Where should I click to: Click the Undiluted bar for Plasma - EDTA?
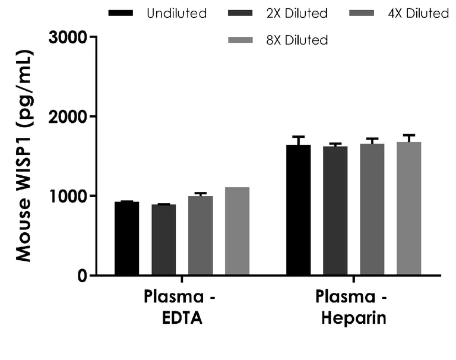pyautogui.click(x=126, y=238)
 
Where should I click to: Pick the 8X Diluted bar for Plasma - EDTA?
pyautogui.click(x=237, y=231)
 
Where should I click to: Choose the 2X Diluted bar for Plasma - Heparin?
pyautogui.click(x=335, y=210)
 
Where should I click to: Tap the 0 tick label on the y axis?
pyautogui.click(x=81, y=276)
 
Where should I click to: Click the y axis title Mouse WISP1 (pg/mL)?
pyautogui.click(x=24, y=156)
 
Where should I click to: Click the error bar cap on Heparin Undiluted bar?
pyautogui.click(x=298, y=137)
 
